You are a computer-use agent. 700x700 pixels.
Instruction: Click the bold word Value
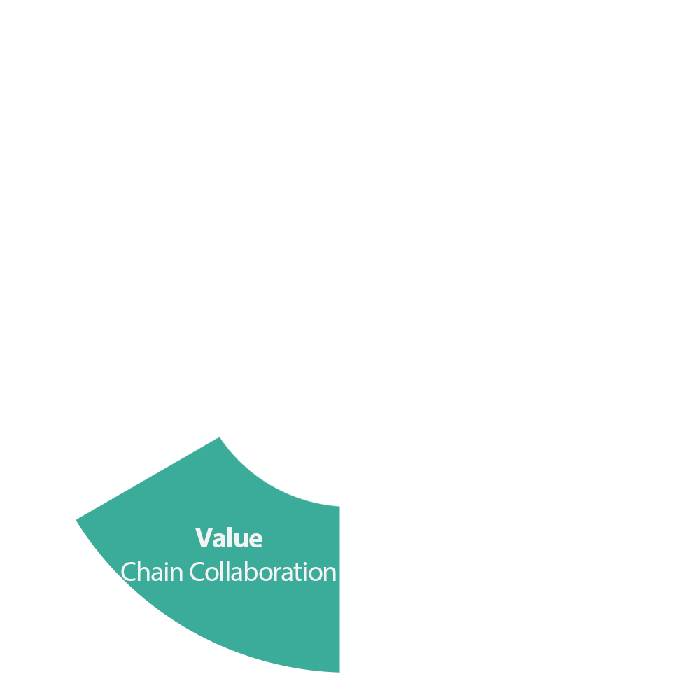click(229, 538)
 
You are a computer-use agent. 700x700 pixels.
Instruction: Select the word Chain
click(152, 571)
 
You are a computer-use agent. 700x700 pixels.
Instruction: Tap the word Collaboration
click(263, 571)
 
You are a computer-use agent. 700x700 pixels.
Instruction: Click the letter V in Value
click(203, 538)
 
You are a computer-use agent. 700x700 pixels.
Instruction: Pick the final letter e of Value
click(255, 540)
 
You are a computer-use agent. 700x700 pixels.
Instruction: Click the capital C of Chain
click(128, 572)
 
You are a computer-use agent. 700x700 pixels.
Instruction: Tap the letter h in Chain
click(143, 571)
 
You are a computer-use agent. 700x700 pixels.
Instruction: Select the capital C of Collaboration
click(197, 572)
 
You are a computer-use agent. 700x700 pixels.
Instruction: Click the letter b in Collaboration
click(252, 571)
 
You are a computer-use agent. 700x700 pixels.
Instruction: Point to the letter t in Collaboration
click(297, 573)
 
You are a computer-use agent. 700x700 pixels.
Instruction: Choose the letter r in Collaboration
click(276, 575)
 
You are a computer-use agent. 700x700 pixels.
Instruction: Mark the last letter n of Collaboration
click(330, 575)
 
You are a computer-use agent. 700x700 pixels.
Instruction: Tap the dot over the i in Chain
click(167, 563)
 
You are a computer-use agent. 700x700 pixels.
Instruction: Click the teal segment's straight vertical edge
click(339, 589)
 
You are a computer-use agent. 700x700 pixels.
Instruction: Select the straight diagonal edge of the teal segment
click(148, 478)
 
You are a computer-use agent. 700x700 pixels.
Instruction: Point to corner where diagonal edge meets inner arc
click(220, 437)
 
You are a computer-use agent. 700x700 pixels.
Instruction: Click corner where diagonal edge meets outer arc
click(76, 520)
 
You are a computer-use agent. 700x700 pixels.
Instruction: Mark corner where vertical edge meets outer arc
click(339, 672)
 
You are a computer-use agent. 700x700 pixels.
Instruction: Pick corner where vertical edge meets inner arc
click(339, 506)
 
